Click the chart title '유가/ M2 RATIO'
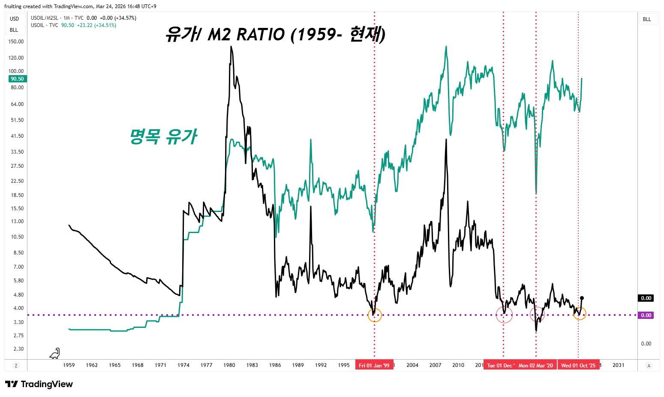tap(275, 34)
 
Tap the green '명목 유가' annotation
tap(163, 136)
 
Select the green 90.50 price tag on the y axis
tap(18, 79)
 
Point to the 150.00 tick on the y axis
tap(16, 42)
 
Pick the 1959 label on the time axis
tap(69, 365)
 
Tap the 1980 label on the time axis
tap(229, 365)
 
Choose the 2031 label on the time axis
tap(619, 365)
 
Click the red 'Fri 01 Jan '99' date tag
tap(374, 365)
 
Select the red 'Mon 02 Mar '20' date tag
tap(536, 365)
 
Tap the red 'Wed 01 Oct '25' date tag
tap(578, 365)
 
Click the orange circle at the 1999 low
tap(375, 315)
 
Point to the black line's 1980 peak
tap(231, 46)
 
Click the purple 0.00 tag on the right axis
tap(646, 315)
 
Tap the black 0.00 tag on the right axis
tap(646, 298)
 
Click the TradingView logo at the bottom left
tap(39, 384)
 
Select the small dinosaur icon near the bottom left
tap(55, 353)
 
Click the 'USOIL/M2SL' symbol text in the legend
tap(44, 18)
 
